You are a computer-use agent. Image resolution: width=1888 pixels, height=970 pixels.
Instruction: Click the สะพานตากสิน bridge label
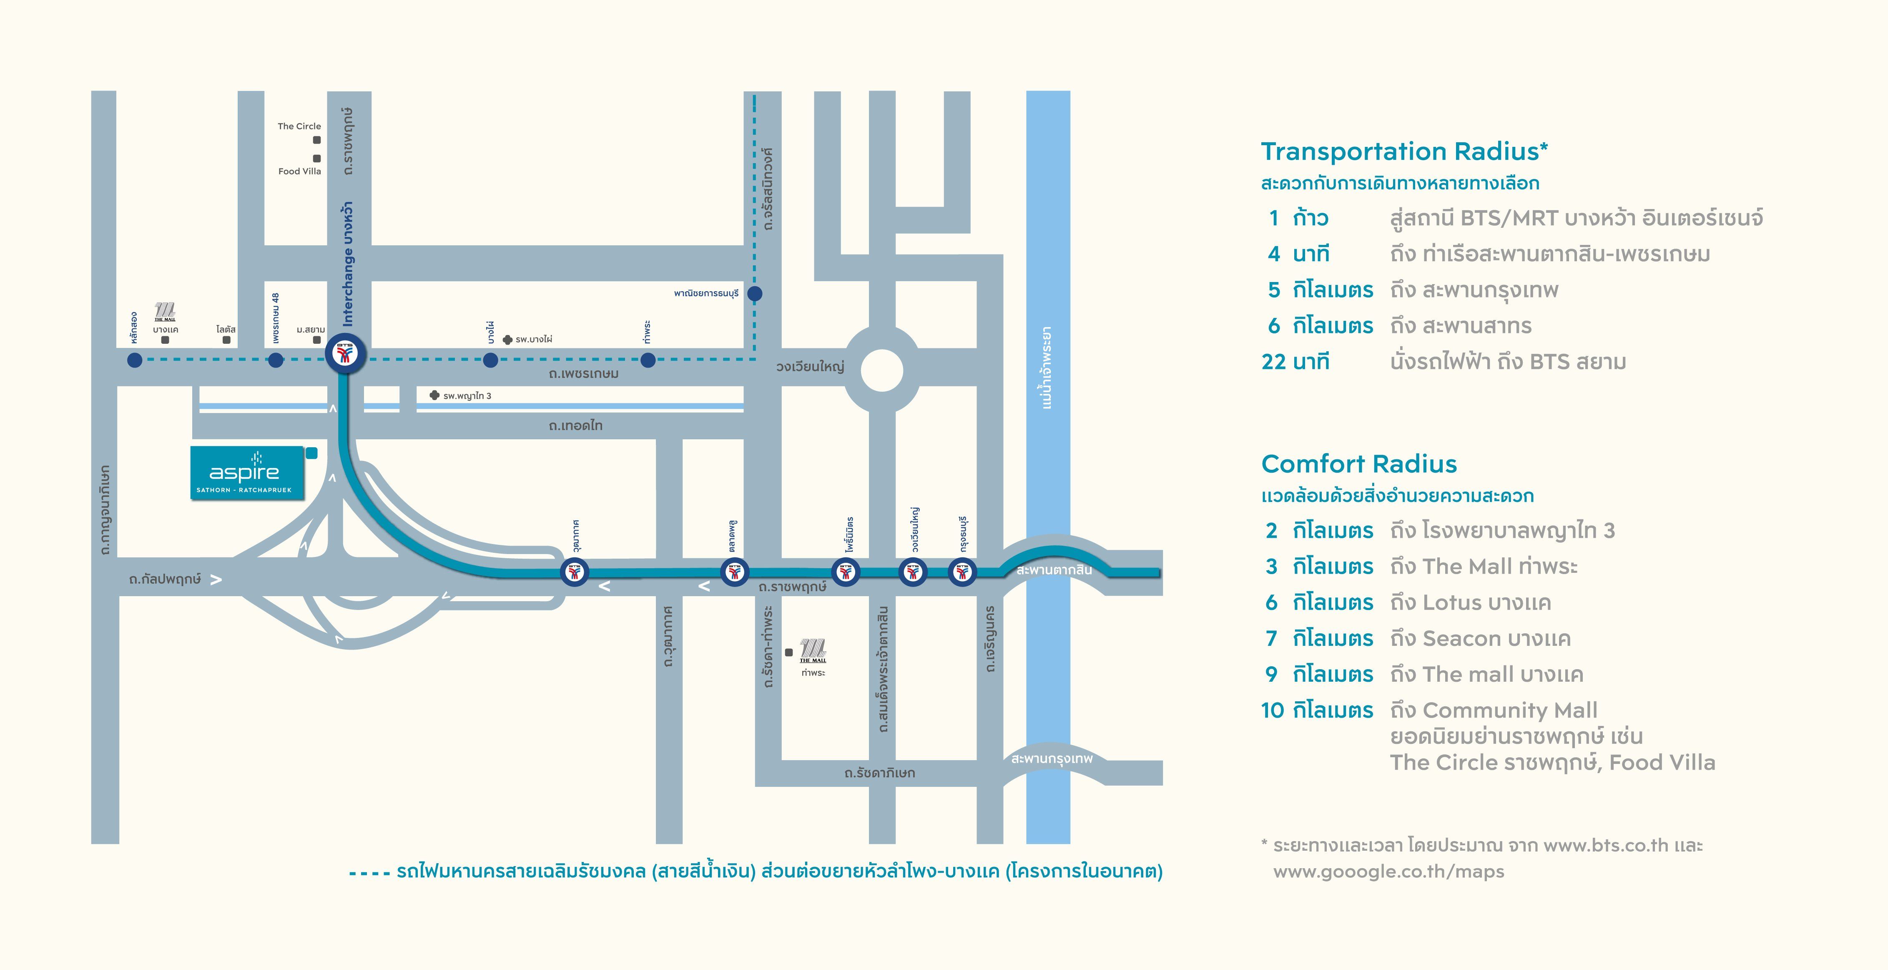point(1053,569)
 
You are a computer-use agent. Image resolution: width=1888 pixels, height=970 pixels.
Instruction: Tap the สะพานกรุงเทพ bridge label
point(1051,758)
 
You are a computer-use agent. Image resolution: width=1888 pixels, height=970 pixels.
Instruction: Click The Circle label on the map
point(299,126)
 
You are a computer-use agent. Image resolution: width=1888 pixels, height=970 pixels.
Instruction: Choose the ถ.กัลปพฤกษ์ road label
point(165,579)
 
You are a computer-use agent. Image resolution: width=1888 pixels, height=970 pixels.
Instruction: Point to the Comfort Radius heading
point(1359,464)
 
